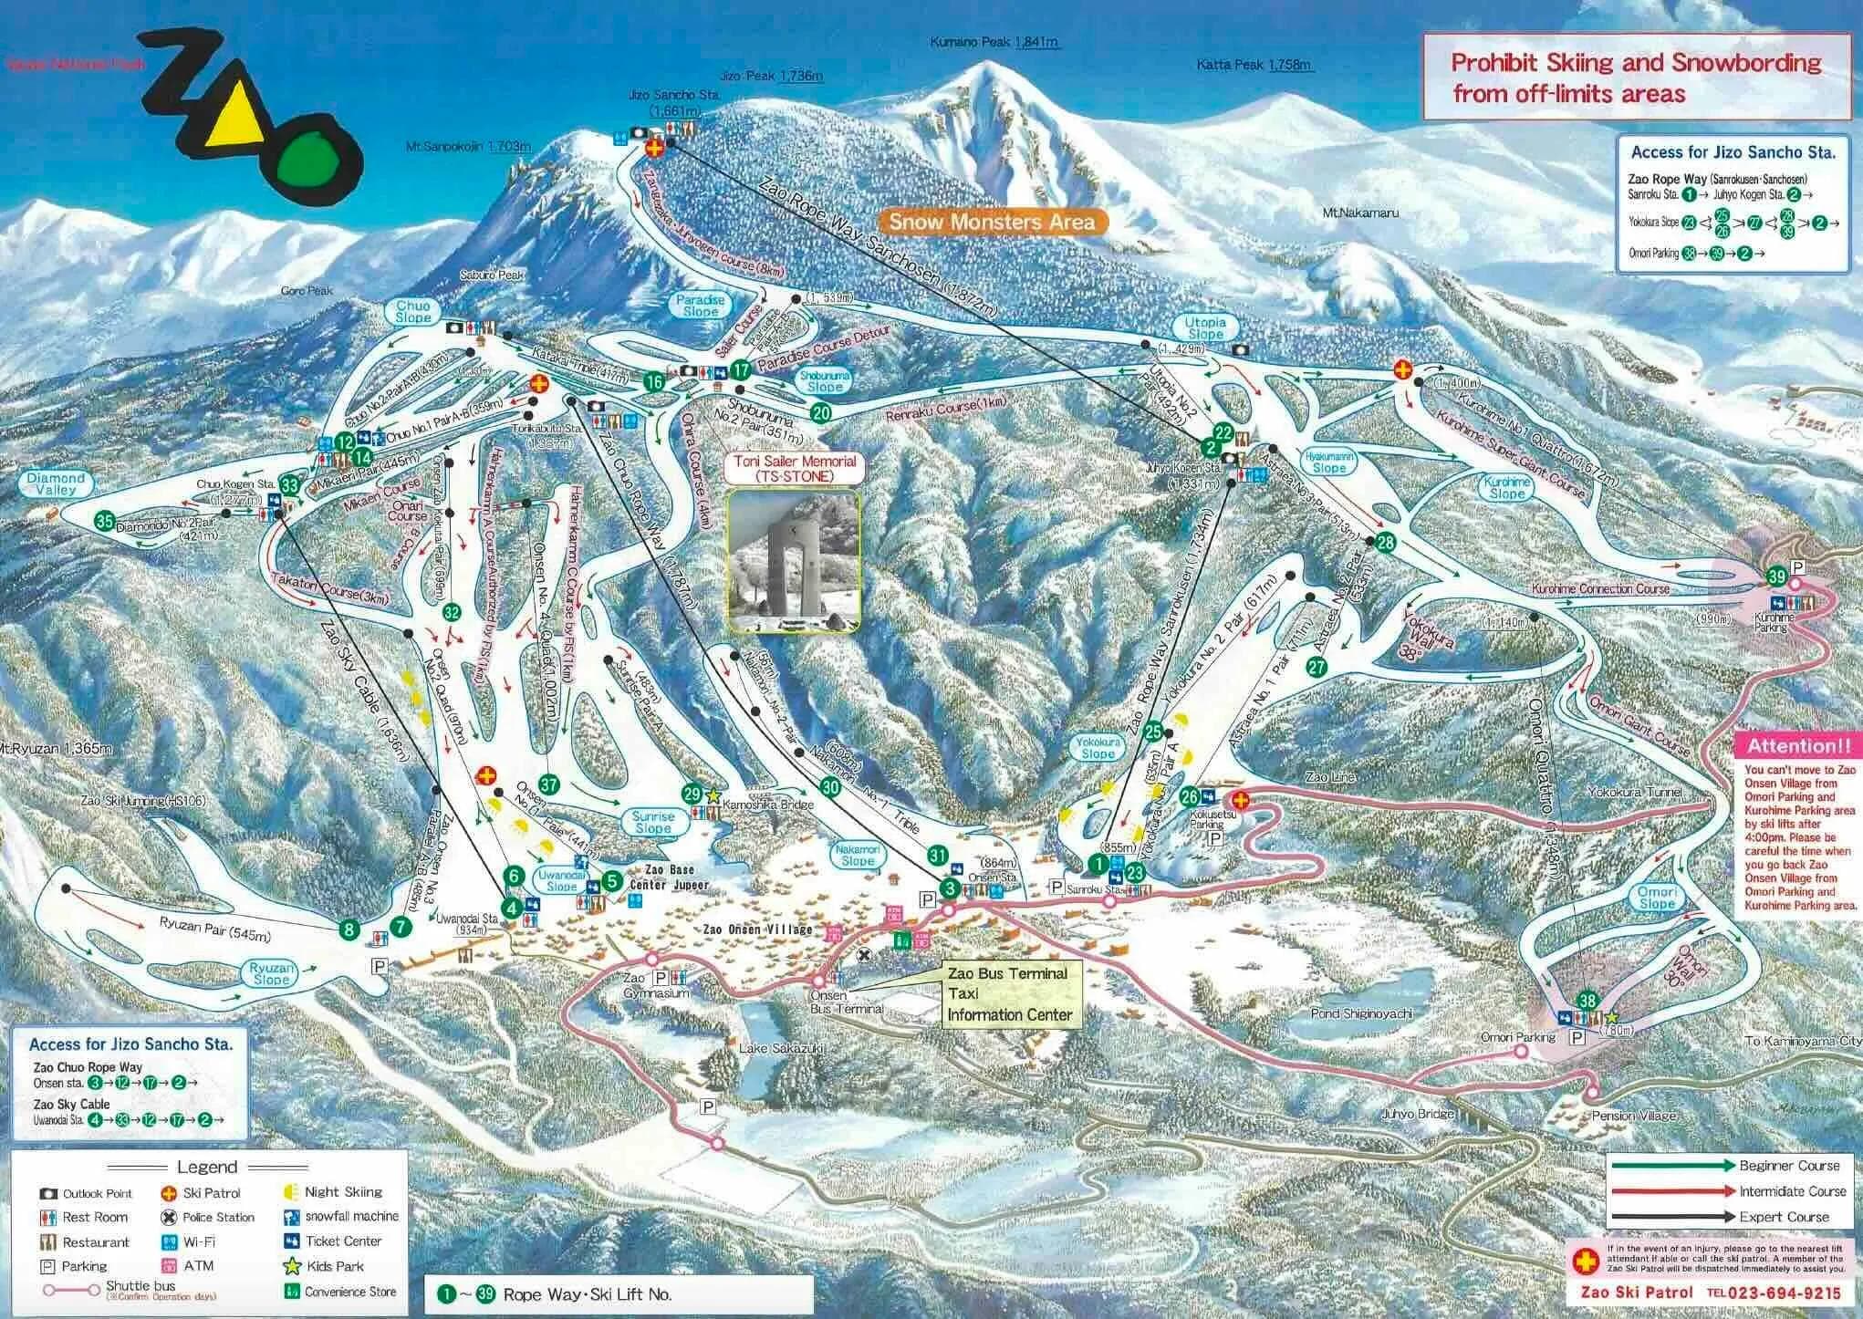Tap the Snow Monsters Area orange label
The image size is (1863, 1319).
point(992,222)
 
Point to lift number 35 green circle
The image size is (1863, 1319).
point(105,522)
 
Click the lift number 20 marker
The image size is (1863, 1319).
point(821,412)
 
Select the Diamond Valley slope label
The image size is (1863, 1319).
point(56,484)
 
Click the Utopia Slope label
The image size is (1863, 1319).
point(1205,328)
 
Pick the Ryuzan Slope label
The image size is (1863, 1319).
point(271,973)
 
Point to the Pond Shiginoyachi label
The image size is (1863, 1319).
point(1364,1013)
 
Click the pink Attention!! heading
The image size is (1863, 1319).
point(1795,745)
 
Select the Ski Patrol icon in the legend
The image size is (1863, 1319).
point(168,1193)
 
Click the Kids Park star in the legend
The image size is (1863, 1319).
point(292,1266)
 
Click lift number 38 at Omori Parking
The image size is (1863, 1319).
point(1587,1000)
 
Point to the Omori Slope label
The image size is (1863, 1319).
point(1656,898)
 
